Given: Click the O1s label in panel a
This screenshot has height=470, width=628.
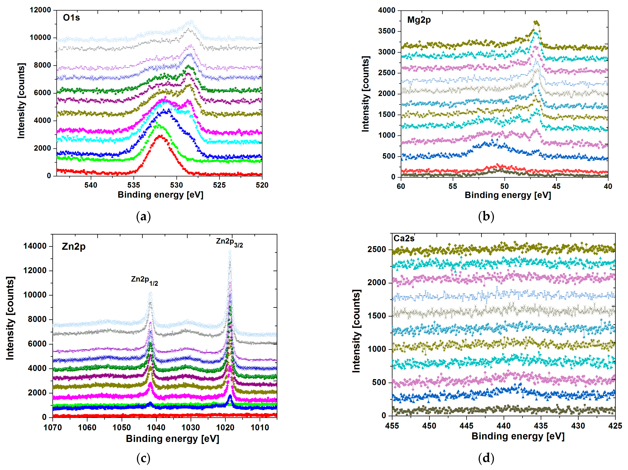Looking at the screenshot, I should pos(71,18).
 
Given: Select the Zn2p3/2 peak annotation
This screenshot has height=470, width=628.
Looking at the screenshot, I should pos(229,243).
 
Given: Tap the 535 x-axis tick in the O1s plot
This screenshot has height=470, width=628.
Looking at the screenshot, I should pos(133,185).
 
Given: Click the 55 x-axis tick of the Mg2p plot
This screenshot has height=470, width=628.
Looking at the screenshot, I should pos(453,186).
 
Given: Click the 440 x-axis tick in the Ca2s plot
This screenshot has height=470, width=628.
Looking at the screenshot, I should pos(504,426).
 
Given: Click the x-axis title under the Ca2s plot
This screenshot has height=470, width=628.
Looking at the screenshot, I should pos(518,436).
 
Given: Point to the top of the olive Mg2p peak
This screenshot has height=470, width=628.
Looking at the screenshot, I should pos(536,22).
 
